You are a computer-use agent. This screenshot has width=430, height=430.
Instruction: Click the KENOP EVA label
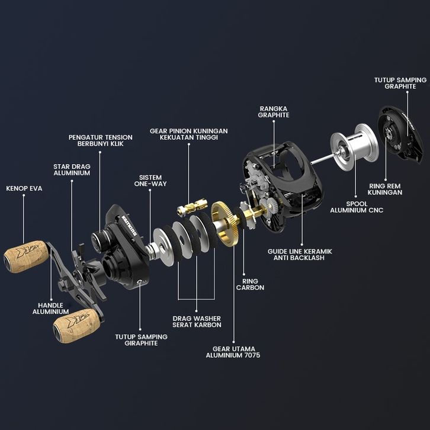point(24,188)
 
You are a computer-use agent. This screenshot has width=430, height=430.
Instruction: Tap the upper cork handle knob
point(26,256)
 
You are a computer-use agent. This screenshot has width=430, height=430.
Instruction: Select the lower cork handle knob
point(76,326)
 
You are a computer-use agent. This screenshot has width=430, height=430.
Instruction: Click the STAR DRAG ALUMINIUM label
point(72,170)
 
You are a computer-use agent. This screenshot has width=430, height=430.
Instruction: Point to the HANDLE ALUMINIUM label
point(51,309)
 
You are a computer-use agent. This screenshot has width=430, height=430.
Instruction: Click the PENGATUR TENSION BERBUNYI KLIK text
point(100,140)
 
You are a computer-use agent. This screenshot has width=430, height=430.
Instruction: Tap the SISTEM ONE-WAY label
point(150,181)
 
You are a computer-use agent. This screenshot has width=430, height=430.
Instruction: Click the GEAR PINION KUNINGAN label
point(189,134)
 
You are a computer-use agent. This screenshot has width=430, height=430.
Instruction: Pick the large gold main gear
point(225,223)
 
